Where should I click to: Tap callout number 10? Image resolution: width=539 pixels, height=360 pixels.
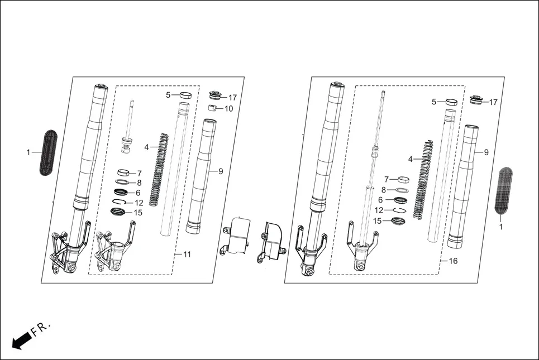point(228,108)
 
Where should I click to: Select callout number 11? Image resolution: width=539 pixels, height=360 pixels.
point(187,255)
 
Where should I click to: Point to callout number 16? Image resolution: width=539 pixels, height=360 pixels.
point(453,261)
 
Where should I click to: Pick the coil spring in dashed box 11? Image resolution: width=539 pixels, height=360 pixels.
point(159,167)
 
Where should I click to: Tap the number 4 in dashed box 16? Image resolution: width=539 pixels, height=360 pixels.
point(410,159)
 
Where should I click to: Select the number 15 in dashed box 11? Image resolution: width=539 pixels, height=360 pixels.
point(138,213)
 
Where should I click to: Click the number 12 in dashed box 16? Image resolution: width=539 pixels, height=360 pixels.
point(379,210)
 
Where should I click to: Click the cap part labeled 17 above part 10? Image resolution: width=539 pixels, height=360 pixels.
point(214,95)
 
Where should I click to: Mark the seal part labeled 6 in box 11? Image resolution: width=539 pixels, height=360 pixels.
point(122,193)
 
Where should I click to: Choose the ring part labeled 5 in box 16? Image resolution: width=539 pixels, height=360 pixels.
point(452,102)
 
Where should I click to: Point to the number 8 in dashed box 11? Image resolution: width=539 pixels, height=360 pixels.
point(139,183)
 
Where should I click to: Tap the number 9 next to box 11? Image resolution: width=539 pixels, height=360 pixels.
point(220,171)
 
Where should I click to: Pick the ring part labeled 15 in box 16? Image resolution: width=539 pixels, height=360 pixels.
point(398,221)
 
